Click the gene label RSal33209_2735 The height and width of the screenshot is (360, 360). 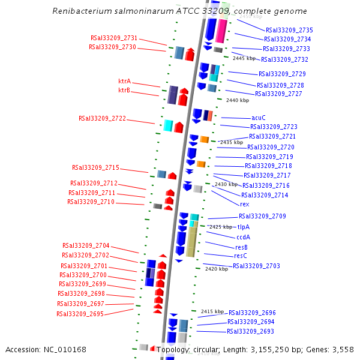[x=289, y=30]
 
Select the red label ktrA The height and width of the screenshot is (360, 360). [x=124, y=81]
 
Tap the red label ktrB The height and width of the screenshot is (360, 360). [x=124, y=91]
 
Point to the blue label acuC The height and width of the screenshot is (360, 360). [x=259, y=118]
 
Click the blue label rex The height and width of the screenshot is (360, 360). [x=244, y=204]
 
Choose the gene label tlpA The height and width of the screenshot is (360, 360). [x=243, y=227]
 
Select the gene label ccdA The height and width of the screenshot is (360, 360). [x=243, y=237]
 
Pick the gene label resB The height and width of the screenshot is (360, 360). [x=241, y=247]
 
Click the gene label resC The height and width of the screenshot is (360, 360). [x=240, y=256]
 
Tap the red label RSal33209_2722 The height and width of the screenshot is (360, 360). [x=102, y=118]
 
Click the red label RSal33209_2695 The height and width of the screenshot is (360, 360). [x=80, y=314]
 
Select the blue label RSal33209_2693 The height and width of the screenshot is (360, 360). [x=250, y=331]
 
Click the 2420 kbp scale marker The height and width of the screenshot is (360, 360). [x=216, y=269]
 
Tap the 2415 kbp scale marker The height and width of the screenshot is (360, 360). [x=212, y=311]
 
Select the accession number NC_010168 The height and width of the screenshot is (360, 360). [x=65, y=349]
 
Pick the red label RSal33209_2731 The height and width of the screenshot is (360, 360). [x=114, y=38]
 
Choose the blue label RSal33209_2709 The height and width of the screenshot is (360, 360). [x=262, y=216]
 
